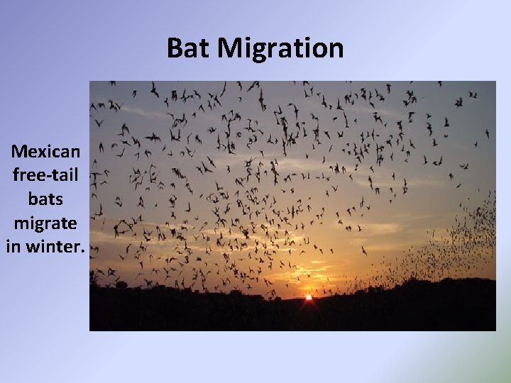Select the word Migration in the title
[280, 48]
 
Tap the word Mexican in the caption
[46, 152]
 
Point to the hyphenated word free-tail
[46, 174]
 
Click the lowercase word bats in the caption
[46, 199]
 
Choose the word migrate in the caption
[46, 223]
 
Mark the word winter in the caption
[55, 248]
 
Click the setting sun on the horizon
[309, 297]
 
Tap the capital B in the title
[175, 48]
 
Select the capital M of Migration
[231, 48]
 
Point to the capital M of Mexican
[20, 152]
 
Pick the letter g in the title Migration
[257, 51]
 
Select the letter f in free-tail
[16, 174]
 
